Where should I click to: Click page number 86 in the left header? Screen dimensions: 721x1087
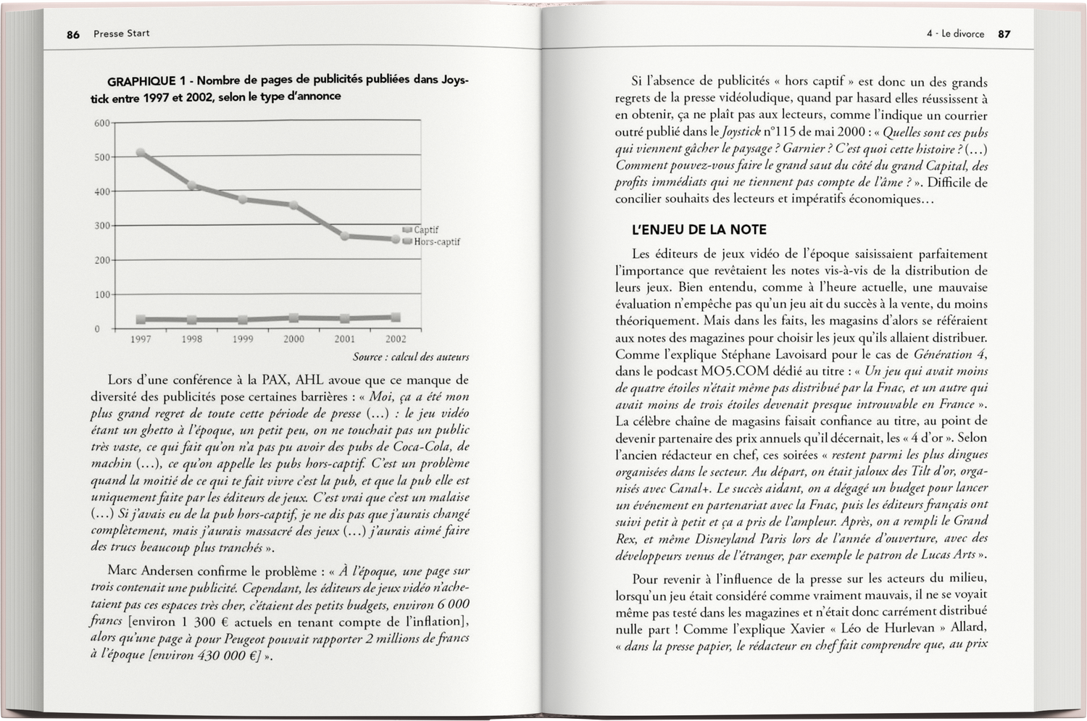click(73, 34)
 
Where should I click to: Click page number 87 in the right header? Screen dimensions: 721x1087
click(1004, 34)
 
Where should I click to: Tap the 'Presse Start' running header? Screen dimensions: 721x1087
click(121, 33)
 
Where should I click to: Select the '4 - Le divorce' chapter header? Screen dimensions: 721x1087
click(955, 34)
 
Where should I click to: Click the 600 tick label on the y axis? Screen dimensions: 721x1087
click(101, 123)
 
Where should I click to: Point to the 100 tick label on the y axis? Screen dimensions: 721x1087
click(101, 295)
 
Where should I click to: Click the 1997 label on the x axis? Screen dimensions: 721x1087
click(141, 339)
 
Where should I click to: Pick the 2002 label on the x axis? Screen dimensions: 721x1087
click(396, 339)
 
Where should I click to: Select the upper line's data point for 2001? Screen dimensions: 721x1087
click(345, 236)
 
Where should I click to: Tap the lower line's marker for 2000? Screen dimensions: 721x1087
click(293, 317)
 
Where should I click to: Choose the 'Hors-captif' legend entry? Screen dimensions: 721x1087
click(436, 242)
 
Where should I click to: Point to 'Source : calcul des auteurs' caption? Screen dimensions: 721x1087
click(411, 357)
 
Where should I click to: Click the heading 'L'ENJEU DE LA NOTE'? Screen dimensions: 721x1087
click(699, 230)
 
